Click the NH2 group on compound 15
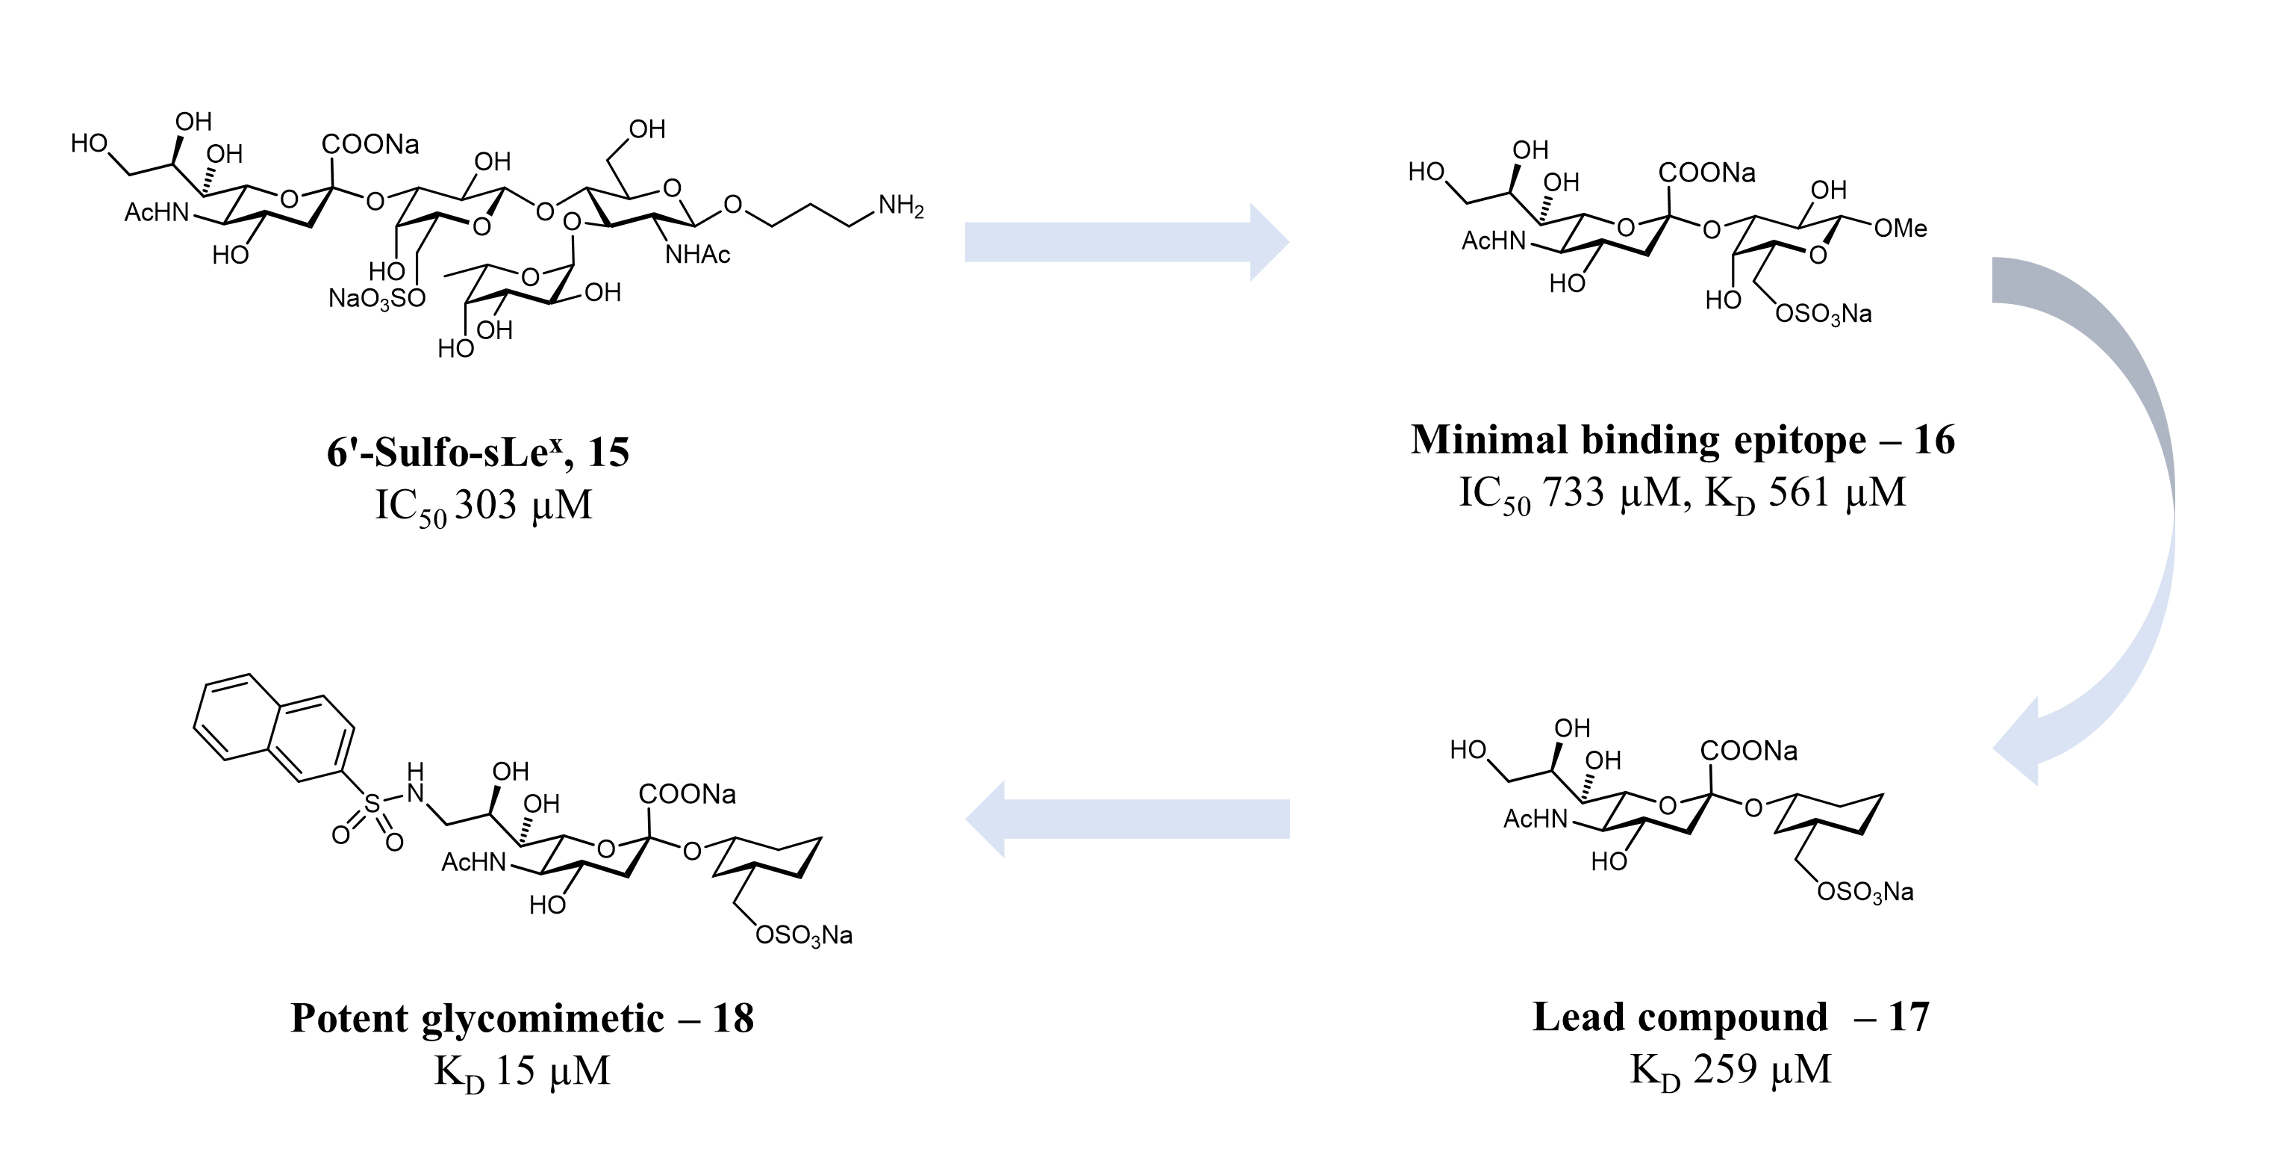901,208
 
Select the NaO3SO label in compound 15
377,298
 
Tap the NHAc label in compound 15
698,255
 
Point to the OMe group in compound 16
1901,229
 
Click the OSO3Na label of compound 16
1823,314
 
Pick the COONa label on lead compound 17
1749,751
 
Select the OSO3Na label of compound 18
805,935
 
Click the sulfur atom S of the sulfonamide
372,804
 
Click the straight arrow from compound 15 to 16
1126,242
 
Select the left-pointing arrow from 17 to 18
1126,819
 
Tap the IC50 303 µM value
484,506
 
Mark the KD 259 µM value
1730,1070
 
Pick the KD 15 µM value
523,1071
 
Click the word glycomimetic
542,1019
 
